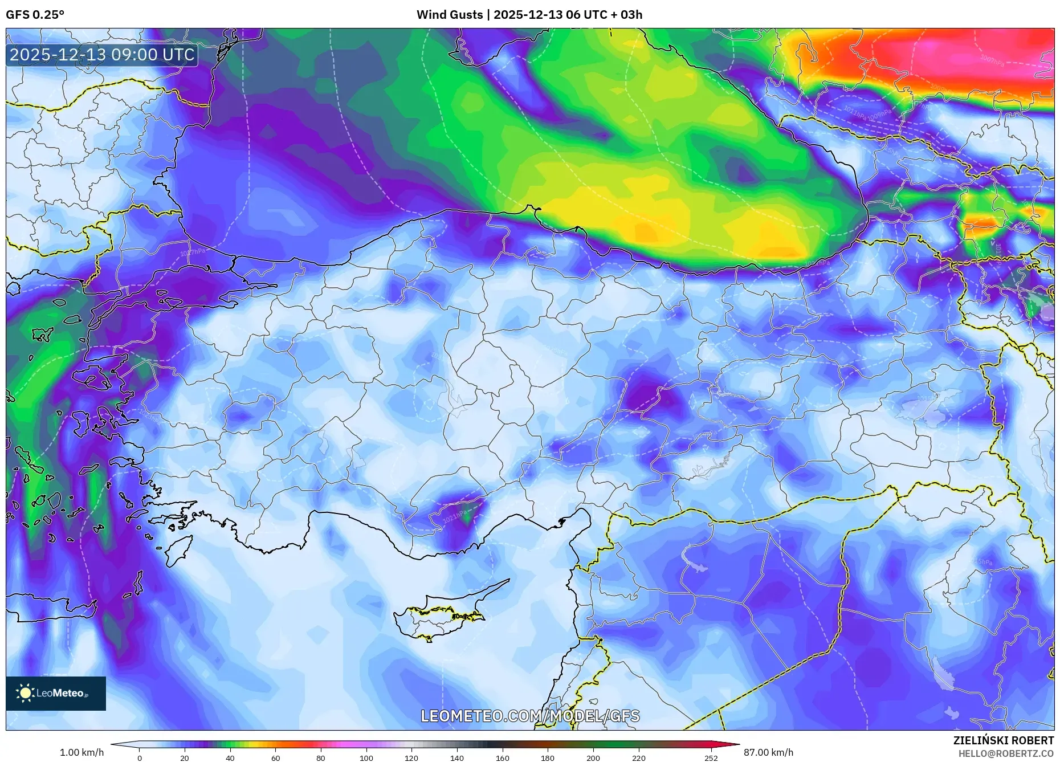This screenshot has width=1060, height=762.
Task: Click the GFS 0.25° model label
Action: [35, 15]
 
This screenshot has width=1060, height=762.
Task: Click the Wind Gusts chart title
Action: [529, 15]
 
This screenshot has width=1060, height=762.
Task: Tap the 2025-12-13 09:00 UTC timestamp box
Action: [102, 55]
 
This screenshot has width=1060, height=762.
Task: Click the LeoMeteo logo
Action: [55, 693]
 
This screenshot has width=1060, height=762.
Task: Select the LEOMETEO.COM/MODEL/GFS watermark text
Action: [530, 716]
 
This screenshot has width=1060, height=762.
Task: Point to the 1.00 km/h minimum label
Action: [81, 752]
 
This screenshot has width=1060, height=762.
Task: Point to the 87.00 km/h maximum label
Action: [768, 752]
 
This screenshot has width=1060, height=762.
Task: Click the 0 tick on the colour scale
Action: [140, 757]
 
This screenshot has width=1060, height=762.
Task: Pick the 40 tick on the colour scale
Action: [230, 757]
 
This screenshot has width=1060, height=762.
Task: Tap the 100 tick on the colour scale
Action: [366, 757]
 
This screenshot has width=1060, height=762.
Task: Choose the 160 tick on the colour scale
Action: [502, 757]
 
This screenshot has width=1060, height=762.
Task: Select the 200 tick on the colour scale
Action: [593, 757]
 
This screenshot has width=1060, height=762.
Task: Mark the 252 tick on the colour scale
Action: [711, 757]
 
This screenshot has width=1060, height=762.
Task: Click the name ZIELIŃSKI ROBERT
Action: [1004, 740]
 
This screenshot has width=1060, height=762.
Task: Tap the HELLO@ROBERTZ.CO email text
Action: [1006, 753]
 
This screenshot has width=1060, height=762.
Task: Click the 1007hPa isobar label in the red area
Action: [992, 59]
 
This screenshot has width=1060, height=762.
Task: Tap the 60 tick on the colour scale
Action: [275, 757]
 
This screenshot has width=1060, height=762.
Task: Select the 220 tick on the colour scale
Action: [638, 757]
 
